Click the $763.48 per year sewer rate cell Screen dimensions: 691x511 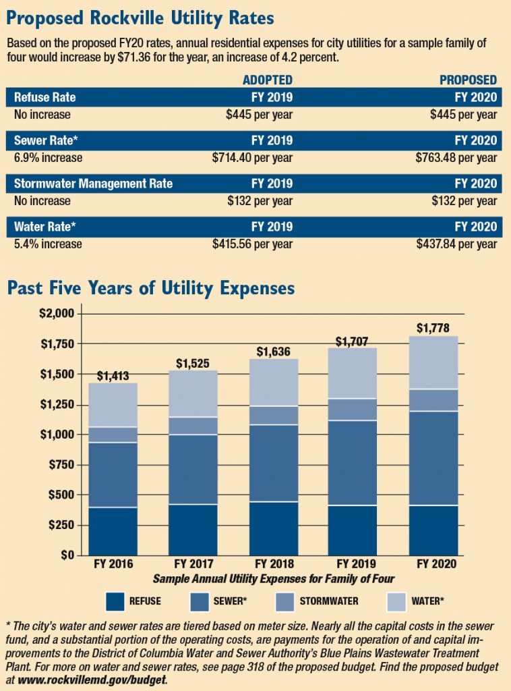tap(456, 158)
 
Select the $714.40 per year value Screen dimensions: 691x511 tap(252, 158)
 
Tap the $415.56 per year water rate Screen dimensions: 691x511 tap(252, 244)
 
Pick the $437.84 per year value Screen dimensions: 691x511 tap(456, 244)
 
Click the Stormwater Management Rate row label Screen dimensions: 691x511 tap(94, 184)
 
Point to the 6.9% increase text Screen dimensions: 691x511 tap(49, 158)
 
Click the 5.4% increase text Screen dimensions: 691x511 tap(49, 244)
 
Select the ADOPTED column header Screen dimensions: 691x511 tap(268, 80)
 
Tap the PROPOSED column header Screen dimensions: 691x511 tap(469, 80)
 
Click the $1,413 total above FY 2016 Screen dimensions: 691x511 tap(114, 376)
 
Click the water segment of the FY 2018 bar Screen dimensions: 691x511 tap(274, 382)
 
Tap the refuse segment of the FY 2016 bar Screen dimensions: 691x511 tap(113, 531)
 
